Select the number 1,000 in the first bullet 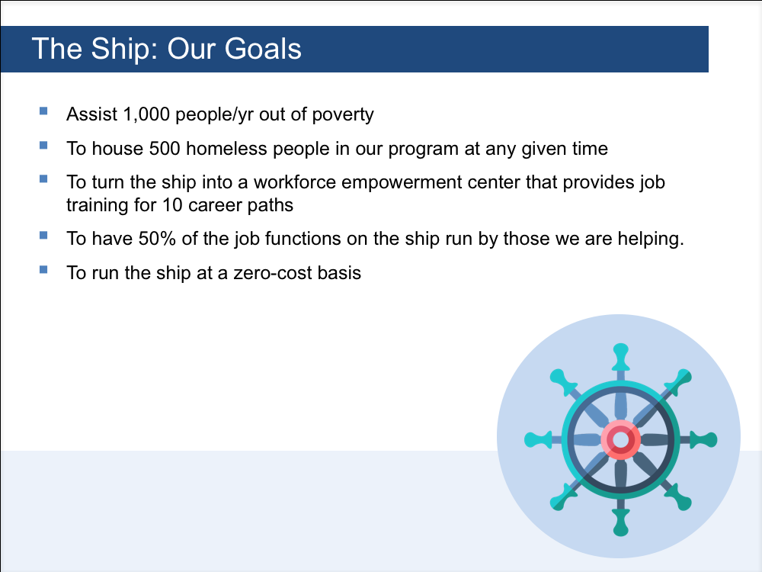[146, 115]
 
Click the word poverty [343, 115]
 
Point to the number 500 [165, 149]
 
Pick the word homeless [226, 149]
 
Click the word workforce [294, 182]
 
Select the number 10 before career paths [172, 204]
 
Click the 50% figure [157, 239]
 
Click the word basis [339, 273]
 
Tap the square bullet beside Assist [43, 111]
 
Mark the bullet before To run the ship [43, 269]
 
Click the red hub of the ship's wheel [620, 440]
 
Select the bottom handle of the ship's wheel [620, 522]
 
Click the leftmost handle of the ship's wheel [539, 440]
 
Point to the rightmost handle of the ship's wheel [703, 440]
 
